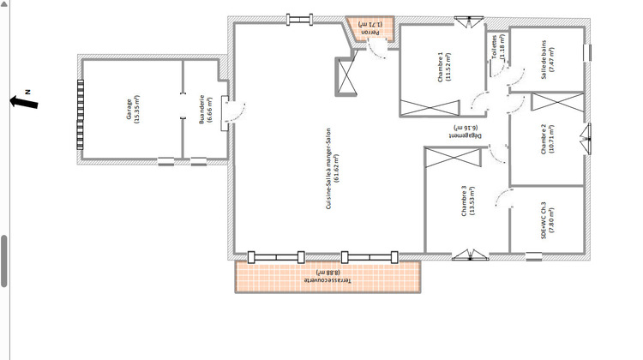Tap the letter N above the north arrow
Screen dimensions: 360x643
pos(27,90)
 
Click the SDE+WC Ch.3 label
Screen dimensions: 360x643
pos(548,220)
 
